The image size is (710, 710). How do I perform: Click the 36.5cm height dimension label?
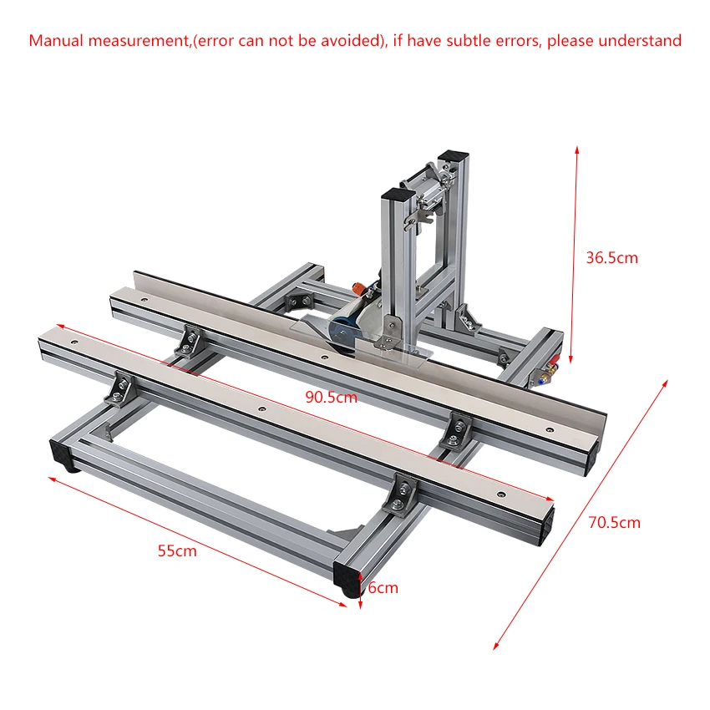pos(611,257)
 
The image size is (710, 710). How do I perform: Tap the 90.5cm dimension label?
pos(331,397)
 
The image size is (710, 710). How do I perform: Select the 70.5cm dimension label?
pos(615,523)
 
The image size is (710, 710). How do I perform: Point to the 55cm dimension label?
pos(177,551)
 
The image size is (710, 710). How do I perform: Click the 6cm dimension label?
pos(383,588)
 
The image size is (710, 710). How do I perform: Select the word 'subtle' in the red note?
pos(469,41)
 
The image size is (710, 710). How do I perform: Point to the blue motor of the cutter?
pos(341,332)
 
